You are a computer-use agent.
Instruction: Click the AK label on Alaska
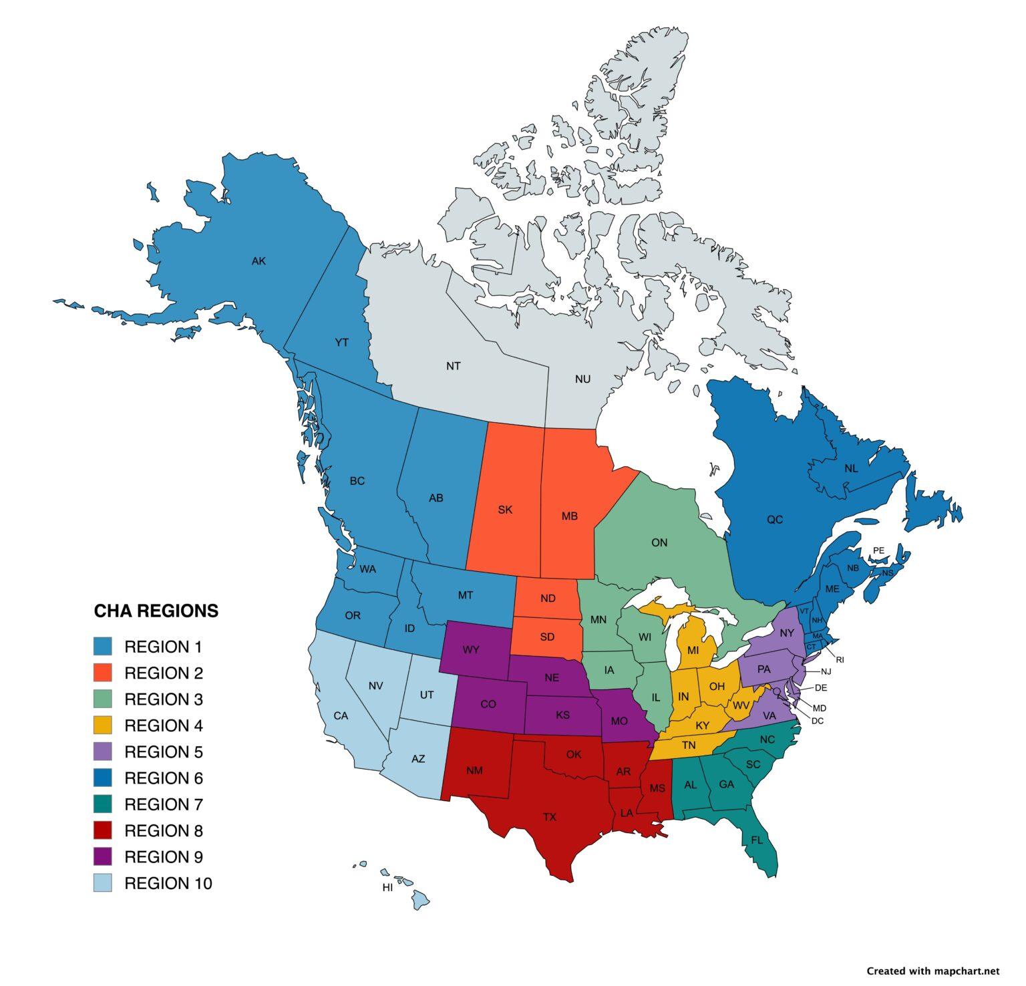click(259, 261)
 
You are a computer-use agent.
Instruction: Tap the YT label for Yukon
click(341, 343)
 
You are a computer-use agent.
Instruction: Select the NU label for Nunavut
click(582, 379)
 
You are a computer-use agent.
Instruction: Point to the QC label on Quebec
click(774, 520)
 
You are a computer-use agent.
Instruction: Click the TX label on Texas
click(549, 816)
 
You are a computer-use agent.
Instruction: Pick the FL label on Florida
click(756, 840)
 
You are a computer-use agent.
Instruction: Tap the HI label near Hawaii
click(387, 888)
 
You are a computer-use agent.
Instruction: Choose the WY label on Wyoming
click(470, 649)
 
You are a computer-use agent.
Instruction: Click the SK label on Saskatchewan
click(505, 510)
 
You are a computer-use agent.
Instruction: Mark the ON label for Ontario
click(659, 542)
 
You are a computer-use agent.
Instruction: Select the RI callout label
click(840, 660)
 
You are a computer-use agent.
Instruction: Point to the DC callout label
click(817, 721)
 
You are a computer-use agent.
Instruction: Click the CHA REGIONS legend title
click(156, 611)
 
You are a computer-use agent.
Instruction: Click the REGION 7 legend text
click(163, 804)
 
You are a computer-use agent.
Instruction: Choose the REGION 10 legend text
click(168, 884)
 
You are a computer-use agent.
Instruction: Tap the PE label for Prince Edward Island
click(878, 550)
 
